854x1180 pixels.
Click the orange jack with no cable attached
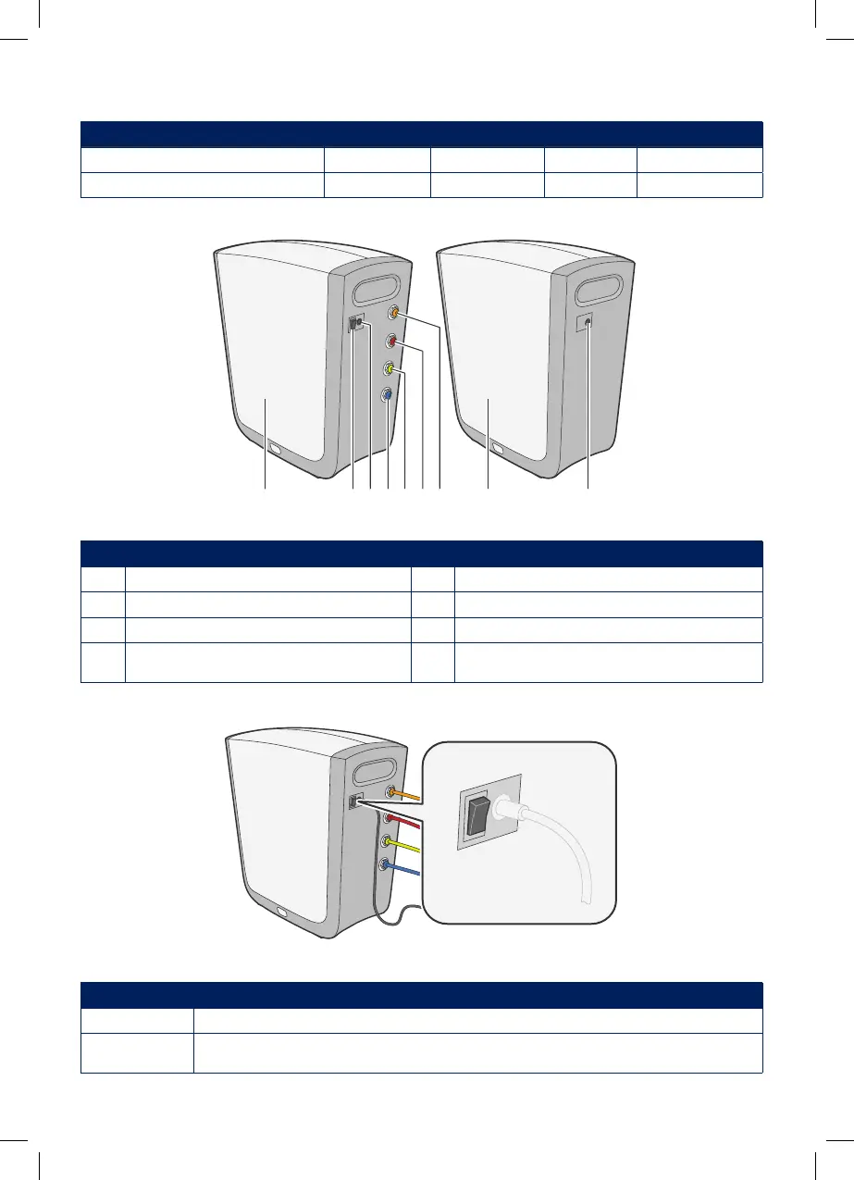coord(395,315)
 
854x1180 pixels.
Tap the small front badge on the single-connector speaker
coord(500,450)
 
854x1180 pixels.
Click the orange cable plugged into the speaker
coord(408,794)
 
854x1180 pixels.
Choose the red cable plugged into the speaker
coord(404,822)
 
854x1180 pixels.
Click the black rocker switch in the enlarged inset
coord(478,812)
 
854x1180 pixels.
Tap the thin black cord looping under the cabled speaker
coord(393,922)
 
